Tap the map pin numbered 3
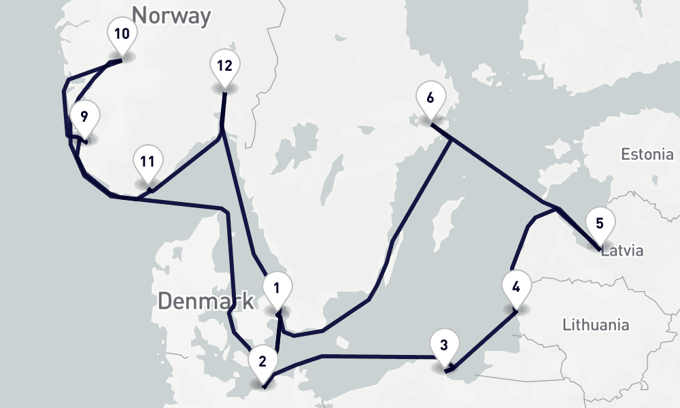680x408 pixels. coord(444,345)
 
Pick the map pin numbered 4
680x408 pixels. coord(516,286)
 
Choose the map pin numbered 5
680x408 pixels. coord(599,224)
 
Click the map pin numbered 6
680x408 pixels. coord(430,98)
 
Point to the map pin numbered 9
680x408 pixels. coord(84,117)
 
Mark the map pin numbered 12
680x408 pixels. coord(224,67)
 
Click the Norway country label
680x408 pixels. coord(171,15)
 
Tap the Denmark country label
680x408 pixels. coord(205,301)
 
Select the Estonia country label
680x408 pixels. coord(647,154)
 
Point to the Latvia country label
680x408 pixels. coord(622,251)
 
